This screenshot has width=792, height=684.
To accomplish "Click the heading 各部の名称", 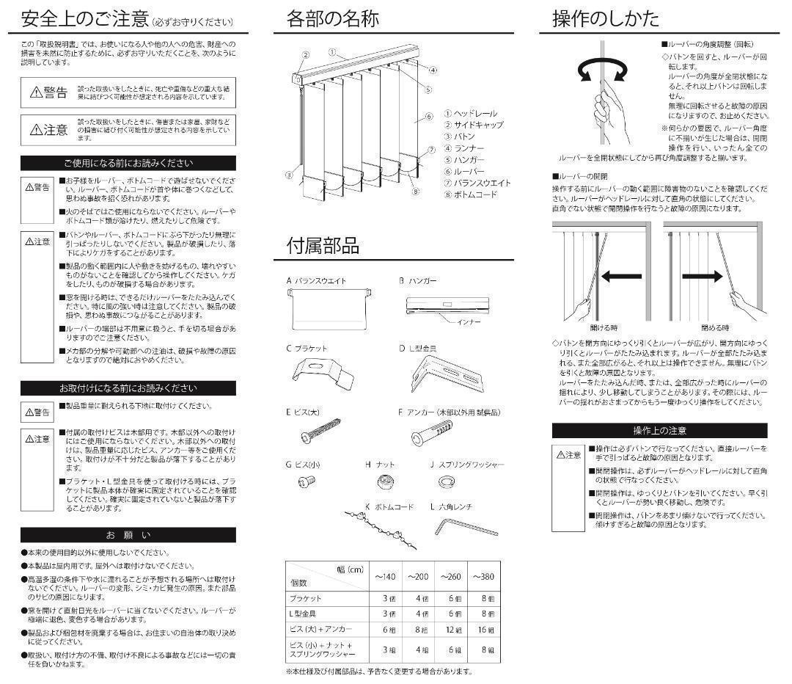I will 332,19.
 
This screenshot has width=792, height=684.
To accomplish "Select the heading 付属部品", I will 323,245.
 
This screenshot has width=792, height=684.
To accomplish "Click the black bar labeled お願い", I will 128,534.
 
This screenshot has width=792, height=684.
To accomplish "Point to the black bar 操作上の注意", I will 659,431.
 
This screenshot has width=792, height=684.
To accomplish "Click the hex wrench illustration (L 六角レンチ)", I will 461,526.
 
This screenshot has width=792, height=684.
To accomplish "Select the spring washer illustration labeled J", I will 445,481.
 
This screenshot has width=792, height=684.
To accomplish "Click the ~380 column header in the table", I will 484,577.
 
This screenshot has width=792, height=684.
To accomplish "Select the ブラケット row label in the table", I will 305,598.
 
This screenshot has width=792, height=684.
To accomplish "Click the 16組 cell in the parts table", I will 485,630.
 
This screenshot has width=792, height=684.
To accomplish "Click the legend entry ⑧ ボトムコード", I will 469,194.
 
